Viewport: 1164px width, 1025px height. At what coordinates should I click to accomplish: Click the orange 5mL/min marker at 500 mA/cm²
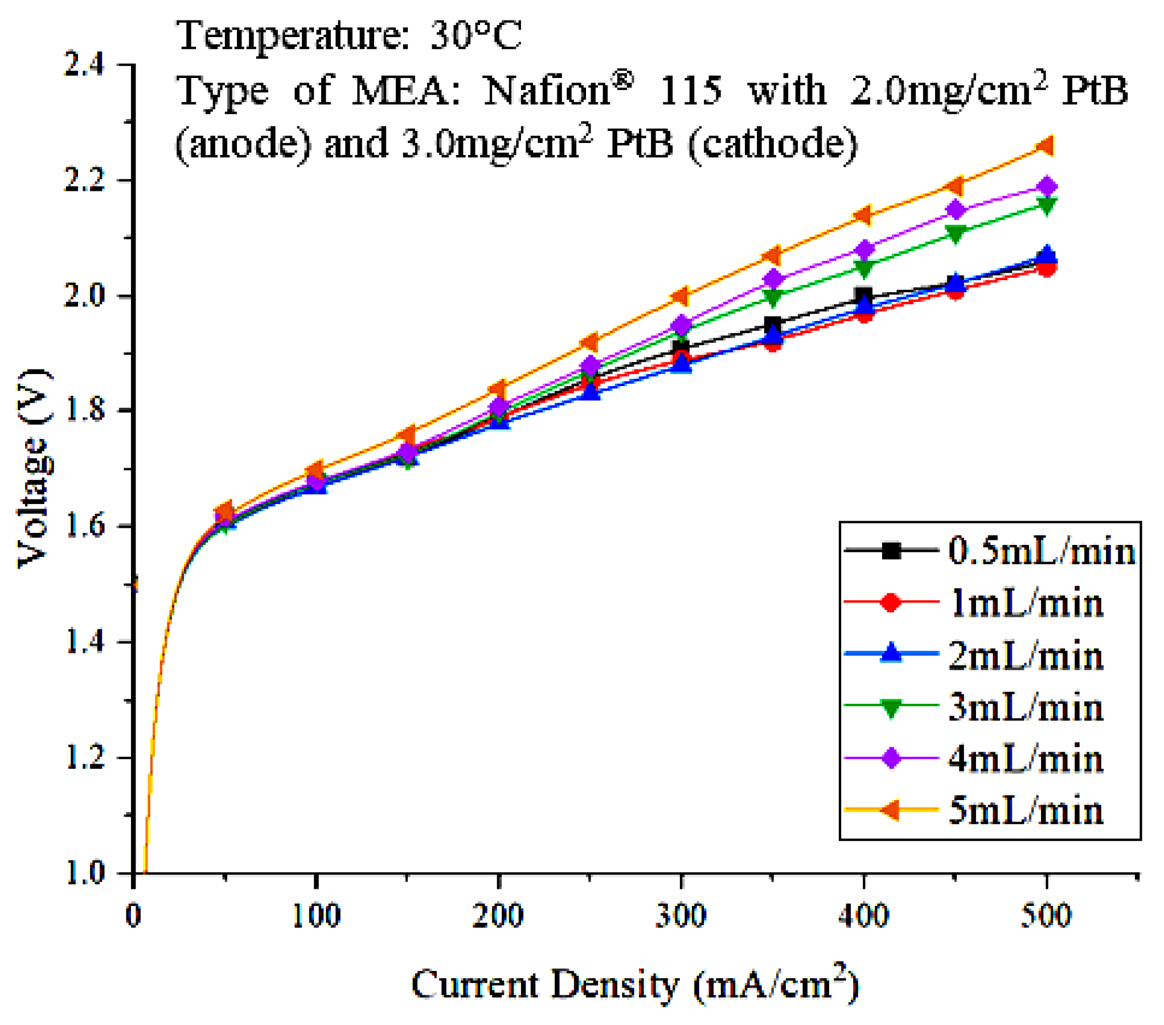coord(1046,146)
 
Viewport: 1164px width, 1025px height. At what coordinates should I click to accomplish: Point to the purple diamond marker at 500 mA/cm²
coord(1046,186)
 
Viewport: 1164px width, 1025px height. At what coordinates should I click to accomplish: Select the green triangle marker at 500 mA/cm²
coord(1046,206)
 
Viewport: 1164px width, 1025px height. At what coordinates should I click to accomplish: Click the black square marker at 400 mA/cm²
coord(863,296)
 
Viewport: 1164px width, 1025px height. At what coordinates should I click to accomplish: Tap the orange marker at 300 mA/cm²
coord(681,296)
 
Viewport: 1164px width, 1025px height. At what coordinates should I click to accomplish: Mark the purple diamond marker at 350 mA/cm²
coord(773,279)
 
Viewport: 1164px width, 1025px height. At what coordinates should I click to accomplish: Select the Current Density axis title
coord(634,984)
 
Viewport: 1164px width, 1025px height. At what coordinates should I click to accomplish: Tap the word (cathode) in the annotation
coord(772,143)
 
